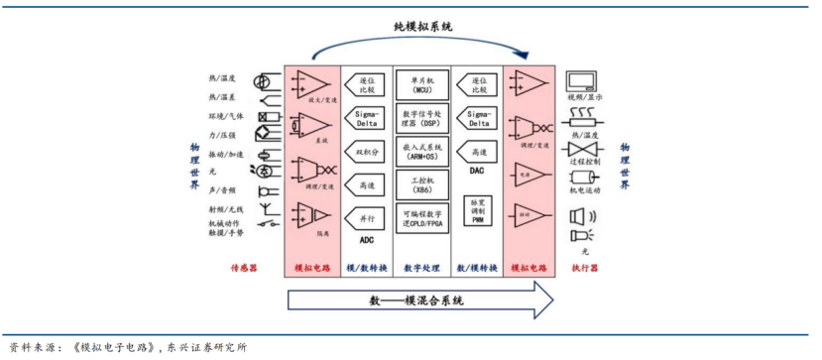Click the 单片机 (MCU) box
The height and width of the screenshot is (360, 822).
point(422,83)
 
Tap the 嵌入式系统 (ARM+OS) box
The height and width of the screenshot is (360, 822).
point(422,151)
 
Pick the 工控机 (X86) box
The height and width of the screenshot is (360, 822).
point(422,184)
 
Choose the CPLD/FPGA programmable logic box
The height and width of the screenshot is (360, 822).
point(422,218)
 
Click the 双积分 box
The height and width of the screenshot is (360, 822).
point(367,152)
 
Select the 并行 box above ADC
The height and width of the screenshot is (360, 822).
point(367,218)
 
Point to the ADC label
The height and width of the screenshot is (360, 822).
point(367,240)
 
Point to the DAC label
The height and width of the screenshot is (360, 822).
point(478,171)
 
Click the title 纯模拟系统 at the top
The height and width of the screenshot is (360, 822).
point(423,26)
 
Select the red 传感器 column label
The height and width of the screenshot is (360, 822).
point(244,268)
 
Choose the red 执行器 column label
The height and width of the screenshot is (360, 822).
point(584,268)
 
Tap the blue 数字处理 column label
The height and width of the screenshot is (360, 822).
point(422,268)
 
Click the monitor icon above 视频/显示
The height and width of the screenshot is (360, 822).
point(580,81)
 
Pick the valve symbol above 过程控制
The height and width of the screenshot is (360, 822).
point(580,146)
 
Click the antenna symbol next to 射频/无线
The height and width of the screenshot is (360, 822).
point(266,209)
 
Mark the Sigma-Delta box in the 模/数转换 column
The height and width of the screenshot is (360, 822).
point(367,118)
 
